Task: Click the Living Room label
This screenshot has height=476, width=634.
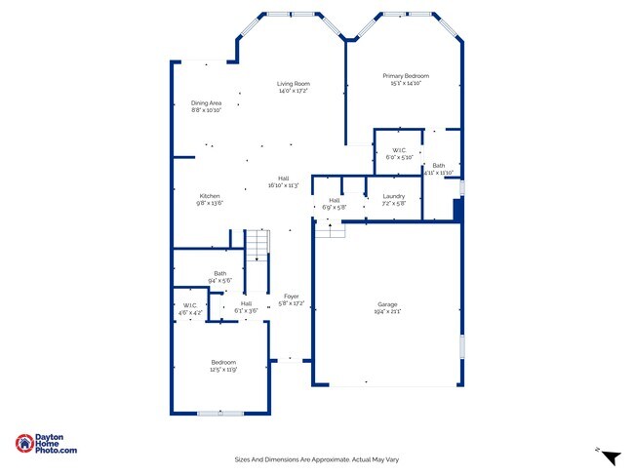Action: point(293,84)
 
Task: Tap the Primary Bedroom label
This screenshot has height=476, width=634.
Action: point(405,76)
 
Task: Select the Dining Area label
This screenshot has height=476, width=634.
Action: point(206,103)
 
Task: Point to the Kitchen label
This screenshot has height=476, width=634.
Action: point(210,196)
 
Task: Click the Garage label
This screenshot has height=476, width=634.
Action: point(387,304)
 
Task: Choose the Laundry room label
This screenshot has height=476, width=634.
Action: point(393,198)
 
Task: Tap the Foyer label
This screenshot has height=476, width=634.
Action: point(291,297)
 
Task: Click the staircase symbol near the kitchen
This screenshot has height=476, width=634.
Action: point(255,243)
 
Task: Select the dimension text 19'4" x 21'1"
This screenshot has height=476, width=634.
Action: point(387,311)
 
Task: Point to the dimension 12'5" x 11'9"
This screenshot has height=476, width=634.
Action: point(223,370)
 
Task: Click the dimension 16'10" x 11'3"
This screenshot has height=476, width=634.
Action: point(283,185)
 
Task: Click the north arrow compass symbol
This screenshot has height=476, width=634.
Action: point(610,456)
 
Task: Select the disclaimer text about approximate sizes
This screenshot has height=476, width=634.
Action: point(317,459)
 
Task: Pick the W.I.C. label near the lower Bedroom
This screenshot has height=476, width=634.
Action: point(190,305)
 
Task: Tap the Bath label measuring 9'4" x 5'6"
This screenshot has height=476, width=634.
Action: point(219,273)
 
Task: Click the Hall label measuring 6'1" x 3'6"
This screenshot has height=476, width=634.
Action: point(247,303)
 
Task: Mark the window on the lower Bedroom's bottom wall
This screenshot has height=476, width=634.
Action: point(220,413)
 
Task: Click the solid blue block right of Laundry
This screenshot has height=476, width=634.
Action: point(457,211)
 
